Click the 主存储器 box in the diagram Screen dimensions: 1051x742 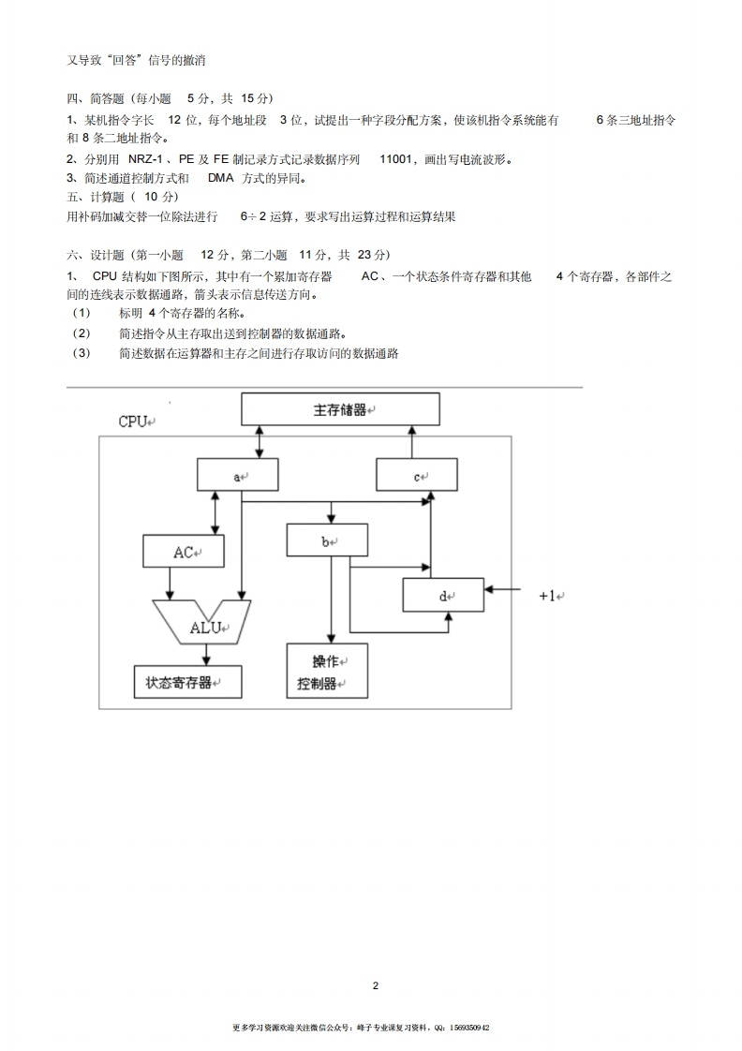(x=340, y=409)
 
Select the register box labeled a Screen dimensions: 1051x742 (x=238, y=475)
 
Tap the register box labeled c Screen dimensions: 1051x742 (x=417, y=475)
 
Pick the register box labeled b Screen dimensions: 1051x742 (x=327, y=540)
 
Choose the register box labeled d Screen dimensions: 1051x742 (x=443, y=595)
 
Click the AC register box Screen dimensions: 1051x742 (x=184, y=552)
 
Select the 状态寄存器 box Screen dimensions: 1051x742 (x=187, y=682)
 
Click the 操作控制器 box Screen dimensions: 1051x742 (x=327, y=672)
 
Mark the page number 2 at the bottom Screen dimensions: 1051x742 (x=376, y=985)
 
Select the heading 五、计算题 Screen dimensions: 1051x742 (x=96, y=197)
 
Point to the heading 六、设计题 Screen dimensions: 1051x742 (x=96, y=255)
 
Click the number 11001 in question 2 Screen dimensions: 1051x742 (x=397, y=158)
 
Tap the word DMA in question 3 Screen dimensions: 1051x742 (x=220, y=178)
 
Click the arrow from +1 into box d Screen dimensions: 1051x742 (x=503, y=590)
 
